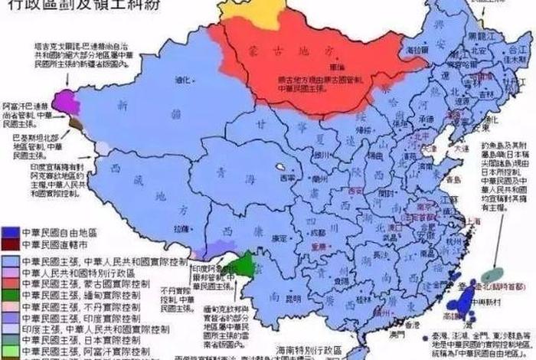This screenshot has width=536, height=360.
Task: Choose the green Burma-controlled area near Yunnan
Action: (243, 267)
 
